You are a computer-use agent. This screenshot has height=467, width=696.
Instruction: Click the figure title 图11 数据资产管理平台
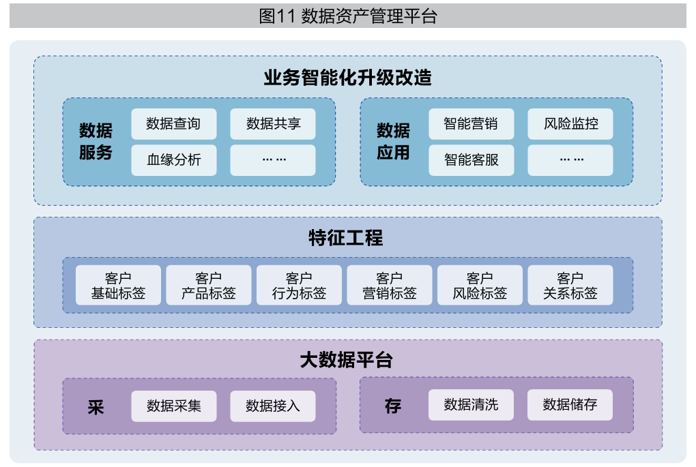click(348, 16)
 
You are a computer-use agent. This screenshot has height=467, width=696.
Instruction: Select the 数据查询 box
click(173, 124)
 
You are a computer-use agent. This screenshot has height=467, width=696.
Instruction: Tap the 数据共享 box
click(273, 124)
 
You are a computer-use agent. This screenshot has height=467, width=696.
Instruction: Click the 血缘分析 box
click(173, 160)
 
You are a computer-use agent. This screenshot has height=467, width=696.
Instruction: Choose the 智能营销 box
click(471, 124)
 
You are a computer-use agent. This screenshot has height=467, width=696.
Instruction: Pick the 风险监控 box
click(570, 124)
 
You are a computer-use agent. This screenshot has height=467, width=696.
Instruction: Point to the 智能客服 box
click(471, 160)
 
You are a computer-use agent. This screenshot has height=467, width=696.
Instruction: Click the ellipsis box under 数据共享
click(273, 160)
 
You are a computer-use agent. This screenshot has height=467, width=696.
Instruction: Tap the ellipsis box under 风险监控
click(570, 160)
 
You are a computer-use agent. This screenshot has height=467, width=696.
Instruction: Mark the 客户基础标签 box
click(119, 286)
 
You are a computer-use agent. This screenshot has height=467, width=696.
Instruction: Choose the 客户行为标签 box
click(299, 286)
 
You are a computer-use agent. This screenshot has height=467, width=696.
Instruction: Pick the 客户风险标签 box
click(480, 286)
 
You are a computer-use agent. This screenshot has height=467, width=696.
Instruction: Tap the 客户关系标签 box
click(570, 286)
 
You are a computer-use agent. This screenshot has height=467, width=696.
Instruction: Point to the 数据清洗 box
click(471, 405)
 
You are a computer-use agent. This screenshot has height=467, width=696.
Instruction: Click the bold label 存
click(393, 407)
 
